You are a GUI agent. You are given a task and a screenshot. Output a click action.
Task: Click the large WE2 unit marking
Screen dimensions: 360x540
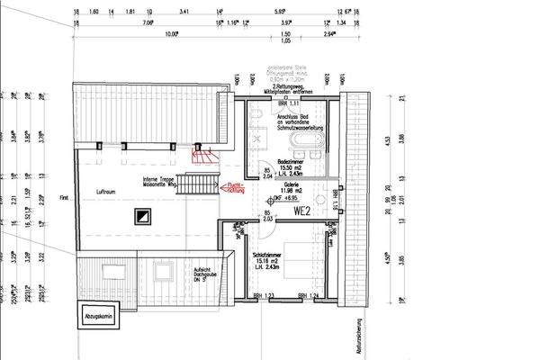(301, 211)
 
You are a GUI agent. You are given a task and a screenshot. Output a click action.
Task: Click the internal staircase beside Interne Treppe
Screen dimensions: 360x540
(196, 186)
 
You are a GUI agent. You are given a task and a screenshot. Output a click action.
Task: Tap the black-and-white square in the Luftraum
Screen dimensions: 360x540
(142, 215)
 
